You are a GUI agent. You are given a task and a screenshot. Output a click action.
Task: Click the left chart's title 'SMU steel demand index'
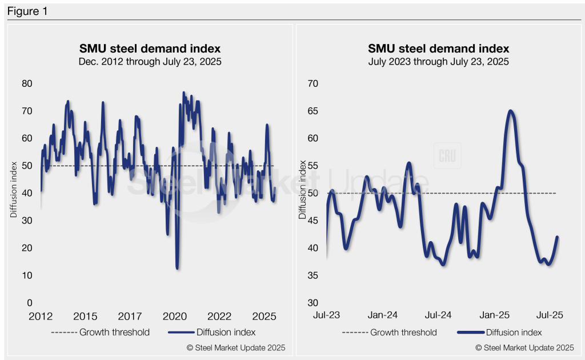point(149,49)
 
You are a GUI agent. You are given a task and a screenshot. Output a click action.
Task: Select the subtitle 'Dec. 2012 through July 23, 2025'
point(149,61)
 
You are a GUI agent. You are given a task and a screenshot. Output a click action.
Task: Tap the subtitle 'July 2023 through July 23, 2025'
point(439,61)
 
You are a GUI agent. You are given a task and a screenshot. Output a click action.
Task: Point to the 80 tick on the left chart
point(27,83)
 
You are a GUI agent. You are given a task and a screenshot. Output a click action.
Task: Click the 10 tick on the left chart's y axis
point(27,275)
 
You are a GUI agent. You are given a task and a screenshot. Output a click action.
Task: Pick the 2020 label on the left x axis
point(174,317)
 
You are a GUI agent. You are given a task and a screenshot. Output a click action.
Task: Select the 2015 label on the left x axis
point(85,317)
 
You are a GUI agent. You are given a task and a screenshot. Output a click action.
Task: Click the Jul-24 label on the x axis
point(439,315)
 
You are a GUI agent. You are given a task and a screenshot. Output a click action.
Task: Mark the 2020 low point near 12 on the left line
point(178,267)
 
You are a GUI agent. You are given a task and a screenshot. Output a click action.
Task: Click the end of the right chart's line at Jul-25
point(557,237)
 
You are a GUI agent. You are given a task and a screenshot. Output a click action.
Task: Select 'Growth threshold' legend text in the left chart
point(114,332)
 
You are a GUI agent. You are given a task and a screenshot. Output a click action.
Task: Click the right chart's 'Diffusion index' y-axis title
point(303,189)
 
